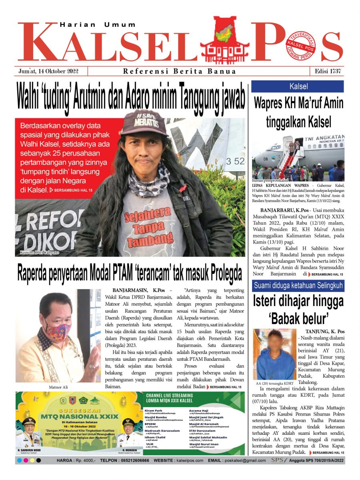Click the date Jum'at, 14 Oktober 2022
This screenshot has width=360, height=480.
point(48,71)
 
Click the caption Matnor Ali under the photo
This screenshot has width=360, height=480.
point(58,387)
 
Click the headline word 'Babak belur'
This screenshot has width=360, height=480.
point(298,318)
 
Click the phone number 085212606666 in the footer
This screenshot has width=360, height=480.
point(129,460)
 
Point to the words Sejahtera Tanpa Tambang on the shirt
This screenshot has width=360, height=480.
point(146,222)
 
